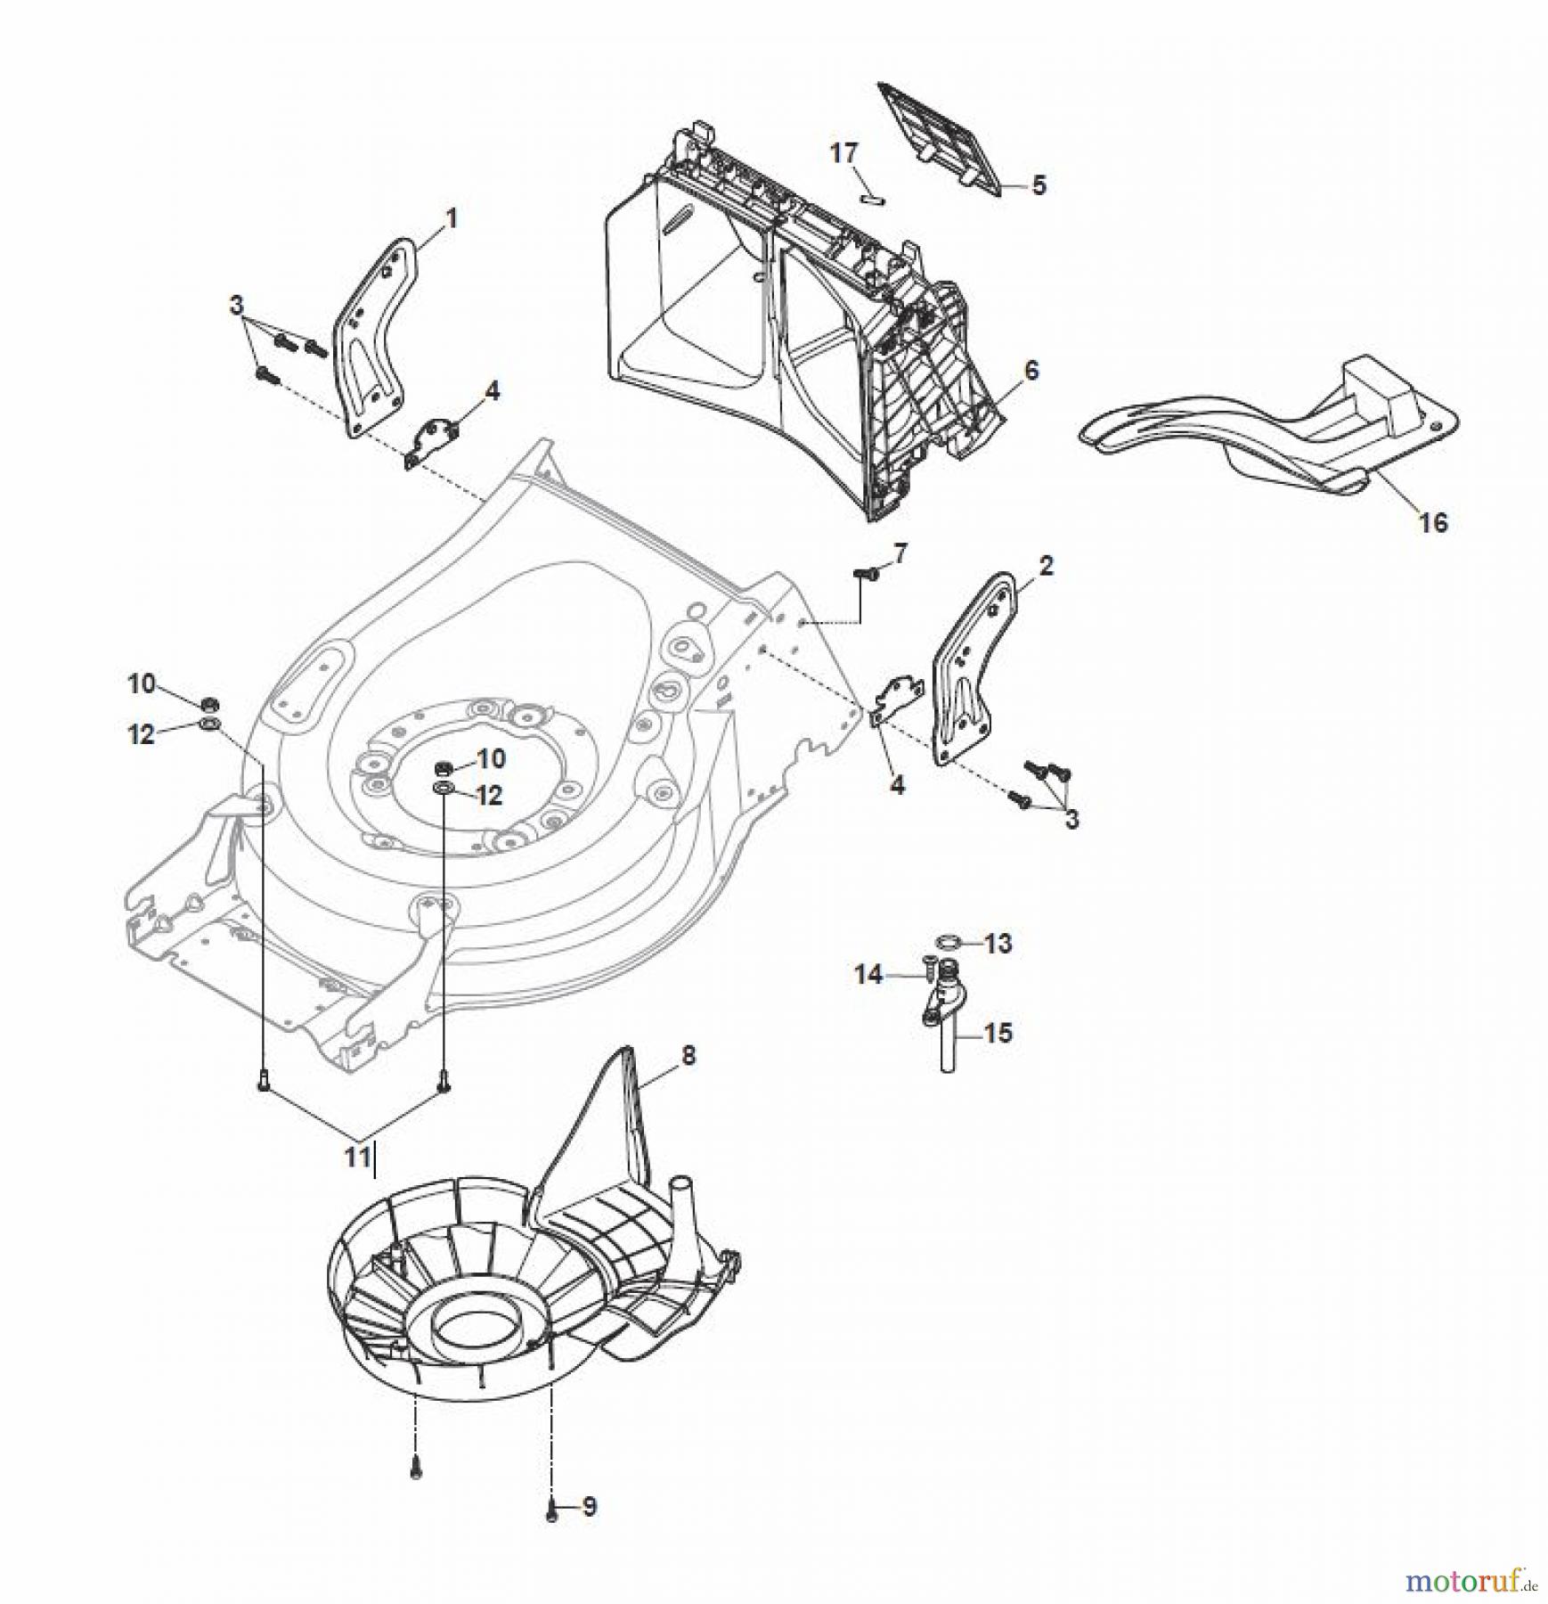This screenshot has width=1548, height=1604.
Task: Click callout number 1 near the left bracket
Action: tap(452, 218)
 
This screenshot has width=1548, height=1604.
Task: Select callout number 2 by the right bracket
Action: tap(1046, 565)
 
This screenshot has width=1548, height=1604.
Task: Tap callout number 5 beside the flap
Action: tap(1038, 185)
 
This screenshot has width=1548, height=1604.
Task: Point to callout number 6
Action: tap(1031, 370)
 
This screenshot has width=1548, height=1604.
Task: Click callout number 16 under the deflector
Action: tap(1433, 522)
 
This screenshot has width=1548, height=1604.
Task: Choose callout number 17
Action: tap(843, 153)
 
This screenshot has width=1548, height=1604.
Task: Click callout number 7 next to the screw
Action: tap(900, 554)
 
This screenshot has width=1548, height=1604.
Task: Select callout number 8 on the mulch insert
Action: tap(688, 1056)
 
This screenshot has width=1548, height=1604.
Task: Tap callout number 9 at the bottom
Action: tap(590, 1507)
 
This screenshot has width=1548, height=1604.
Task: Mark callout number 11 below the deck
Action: tap(357, 1157)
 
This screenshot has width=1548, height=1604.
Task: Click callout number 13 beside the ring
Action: tap(998, 943)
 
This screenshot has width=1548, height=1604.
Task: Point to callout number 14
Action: tap(868, 975)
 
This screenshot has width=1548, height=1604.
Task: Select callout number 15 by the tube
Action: tap(998, 1033)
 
